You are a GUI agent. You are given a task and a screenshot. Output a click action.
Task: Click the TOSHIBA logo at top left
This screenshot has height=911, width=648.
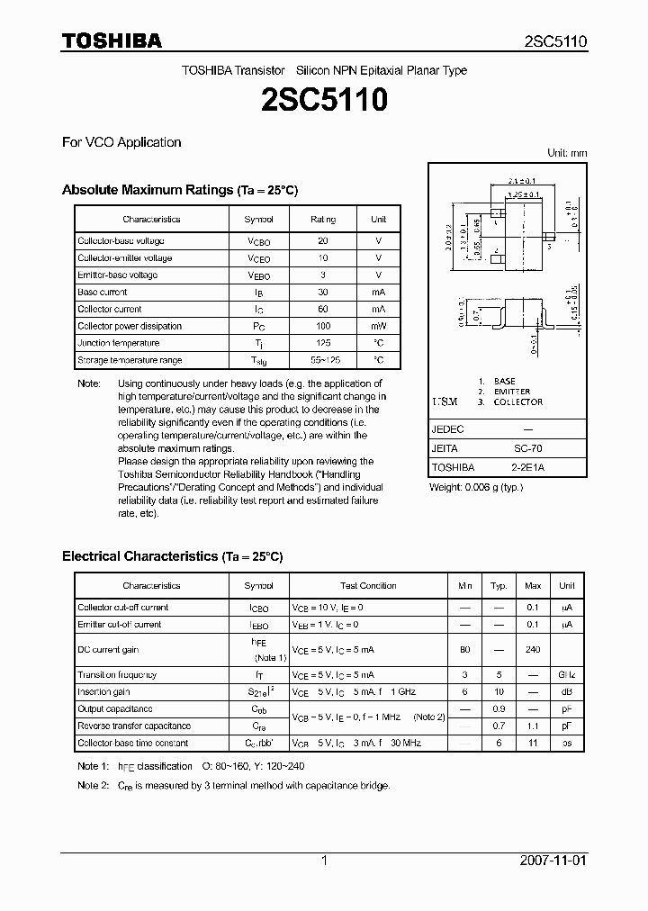pos(112,41)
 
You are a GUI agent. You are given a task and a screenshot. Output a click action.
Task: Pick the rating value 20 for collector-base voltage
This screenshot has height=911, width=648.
pos(323,241)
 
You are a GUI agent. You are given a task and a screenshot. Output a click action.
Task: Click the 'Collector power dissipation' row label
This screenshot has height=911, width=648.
pos(130,326)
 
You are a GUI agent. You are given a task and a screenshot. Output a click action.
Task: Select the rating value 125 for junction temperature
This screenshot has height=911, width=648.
pos(323,343)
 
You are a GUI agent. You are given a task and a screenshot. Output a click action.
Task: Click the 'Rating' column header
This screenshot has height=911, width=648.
pos(323,219)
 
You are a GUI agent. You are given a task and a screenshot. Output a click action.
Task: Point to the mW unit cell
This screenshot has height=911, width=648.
pos(379,326)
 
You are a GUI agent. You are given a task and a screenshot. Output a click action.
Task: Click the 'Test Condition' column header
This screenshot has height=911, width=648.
pos(368,585)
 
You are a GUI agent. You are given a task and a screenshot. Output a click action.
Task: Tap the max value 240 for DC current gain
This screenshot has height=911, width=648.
pos(533,649)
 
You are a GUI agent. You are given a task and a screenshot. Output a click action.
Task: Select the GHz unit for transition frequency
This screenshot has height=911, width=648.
pos(567,674)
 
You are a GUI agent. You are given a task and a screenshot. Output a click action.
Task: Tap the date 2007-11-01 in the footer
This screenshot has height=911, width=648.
pos(553,861)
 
